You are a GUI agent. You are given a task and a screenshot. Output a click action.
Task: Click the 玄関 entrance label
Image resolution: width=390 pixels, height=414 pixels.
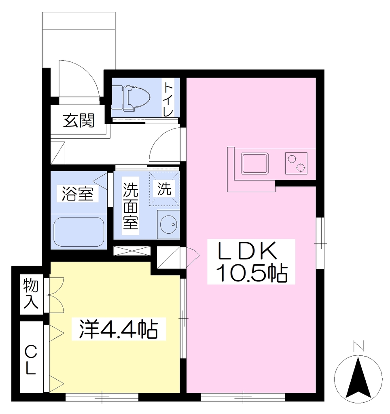tap(79, 121)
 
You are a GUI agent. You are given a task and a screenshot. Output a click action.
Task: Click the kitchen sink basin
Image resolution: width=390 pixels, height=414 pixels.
tap(255, 164)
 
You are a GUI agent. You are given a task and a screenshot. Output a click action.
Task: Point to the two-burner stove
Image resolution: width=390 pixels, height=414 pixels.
tap(296, 163)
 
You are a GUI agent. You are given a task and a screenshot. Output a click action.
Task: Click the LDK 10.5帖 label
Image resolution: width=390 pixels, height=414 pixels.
tap(251, 262)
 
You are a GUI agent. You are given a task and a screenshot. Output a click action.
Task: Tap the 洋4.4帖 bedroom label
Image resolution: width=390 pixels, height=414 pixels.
tap(119, 329)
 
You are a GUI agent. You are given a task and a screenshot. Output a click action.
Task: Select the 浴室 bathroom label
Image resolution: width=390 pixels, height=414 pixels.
tap(77, 193)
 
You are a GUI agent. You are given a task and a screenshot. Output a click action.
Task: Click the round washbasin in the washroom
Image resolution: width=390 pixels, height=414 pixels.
tap(169, 224)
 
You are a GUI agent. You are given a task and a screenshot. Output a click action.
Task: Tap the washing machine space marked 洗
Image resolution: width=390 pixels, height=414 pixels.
tap(164, 188)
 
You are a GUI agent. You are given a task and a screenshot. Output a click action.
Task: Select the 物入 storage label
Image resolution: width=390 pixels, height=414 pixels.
tap(31, 294)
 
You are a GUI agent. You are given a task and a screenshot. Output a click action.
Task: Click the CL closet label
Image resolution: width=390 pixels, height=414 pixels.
tap(30, 360)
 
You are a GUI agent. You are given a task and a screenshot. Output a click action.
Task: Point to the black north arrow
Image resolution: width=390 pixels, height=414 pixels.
tap(358, 378)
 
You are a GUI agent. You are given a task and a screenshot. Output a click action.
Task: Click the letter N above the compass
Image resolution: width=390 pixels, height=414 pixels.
tap(358, 346)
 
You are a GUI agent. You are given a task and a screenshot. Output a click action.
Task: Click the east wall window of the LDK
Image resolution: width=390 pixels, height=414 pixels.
tap(320, 243)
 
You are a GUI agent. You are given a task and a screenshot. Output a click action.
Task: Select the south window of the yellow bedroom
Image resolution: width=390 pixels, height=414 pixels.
tap(102, 397)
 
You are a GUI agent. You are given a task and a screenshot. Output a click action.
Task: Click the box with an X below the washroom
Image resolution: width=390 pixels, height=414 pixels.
tap(132, 251)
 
